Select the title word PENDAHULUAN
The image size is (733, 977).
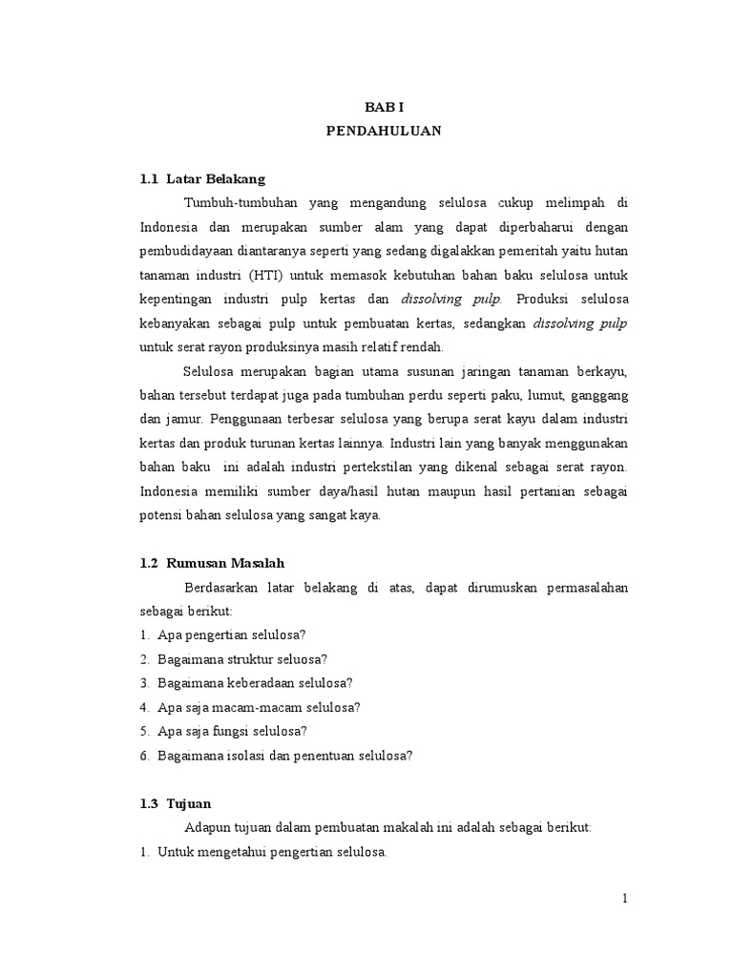[x=384, y=132]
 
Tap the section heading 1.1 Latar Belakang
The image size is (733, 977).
[x=201, y=178]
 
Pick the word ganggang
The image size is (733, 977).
[x=597, y=395]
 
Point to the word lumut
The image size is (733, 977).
[x=531, y=395]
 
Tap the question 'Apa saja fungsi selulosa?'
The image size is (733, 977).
[x=232, y=731]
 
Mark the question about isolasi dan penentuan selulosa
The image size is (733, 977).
[x=284, y=756]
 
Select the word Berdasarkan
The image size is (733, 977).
[x=222, y=588]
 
